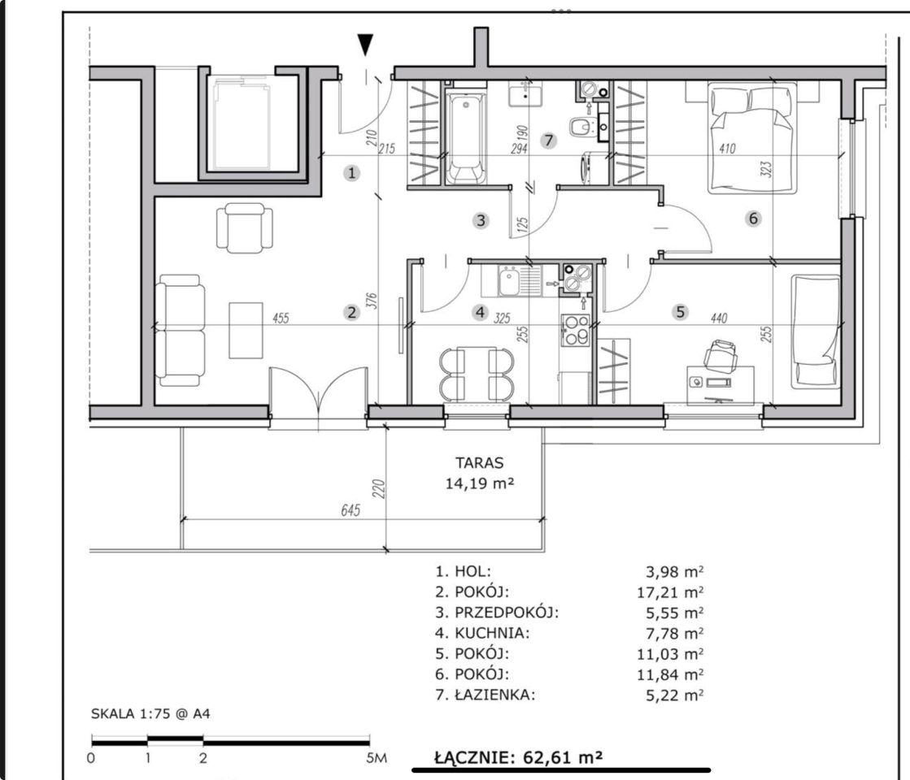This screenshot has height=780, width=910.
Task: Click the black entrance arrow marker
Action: pos(365,45)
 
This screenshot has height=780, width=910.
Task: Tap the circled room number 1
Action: pos(351,173)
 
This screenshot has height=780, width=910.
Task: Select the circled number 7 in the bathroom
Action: pos(548,141)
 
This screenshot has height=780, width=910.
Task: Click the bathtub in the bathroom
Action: pos(465,139)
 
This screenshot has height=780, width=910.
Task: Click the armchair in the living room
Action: pos(244,228)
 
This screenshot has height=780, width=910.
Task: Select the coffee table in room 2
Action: pos(246,330)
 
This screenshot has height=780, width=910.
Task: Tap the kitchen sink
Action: pos(511,281)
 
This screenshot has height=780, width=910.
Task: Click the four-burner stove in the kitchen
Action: pos(575,330)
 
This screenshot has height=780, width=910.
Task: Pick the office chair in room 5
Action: pos(721,354)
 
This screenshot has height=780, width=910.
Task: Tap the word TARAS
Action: pos(479,463)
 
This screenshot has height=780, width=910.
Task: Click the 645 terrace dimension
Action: pos(351,509)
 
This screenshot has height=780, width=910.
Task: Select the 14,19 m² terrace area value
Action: pos(479,483)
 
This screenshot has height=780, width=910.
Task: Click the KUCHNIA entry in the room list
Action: pos(482,633)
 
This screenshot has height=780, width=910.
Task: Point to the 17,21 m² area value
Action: pos(670,592)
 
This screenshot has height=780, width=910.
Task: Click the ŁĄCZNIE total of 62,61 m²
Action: pos(518,756)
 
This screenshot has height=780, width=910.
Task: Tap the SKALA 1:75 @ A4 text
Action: pos(150,713)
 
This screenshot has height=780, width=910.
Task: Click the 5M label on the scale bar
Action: pos(377,757)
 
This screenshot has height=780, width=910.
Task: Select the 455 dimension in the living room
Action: pos(281,318)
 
